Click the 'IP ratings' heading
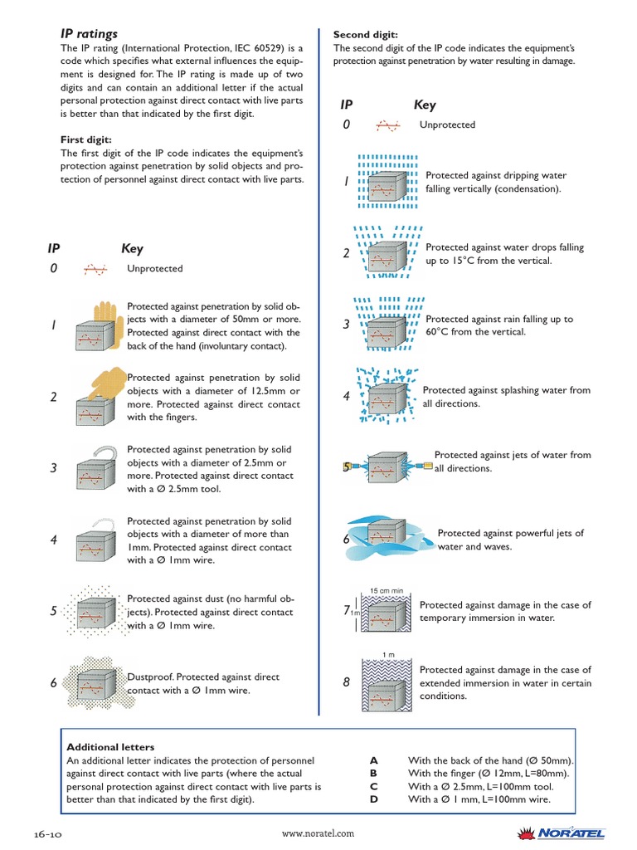(90, 34)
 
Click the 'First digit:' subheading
(86, 139)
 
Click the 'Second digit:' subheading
(366, 35)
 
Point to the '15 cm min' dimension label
(386, 590)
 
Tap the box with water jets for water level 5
(387, 467)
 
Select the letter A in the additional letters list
(374, 760)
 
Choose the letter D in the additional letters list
(374, 799)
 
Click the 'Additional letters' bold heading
(110, 747)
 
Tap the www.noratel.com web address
(318, 833)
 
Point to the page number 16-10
(49, 833)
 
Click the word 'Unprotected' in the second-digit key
(447, 125)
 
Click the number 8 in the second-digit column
(347, 682)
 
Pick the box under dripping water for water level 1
(387, 186)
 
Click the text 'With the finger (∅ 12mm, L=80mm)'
(489, 774)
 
